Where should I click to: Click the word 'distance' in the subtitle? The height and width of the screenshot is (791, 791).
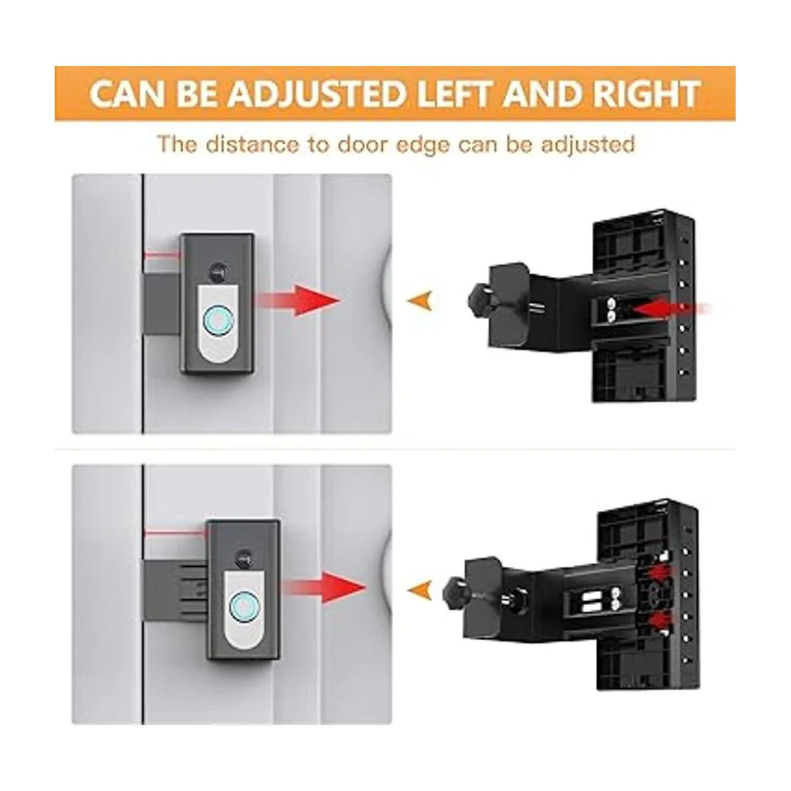tap(252, 144)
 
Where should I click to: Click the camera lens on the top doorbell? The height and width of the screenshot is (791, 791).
tap(218, 272)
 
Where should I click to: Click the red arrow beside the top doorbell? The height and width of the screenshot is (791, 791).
tap(299, 300)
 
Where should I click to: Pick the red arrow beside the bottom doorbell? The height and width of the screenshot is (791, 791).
tap(324, 587)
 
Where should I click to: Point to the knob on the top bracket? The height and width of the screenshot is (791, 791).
tap(481, 301)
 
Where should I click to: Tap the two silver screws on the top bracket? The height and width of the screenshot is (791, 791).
tap(611, 310)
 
